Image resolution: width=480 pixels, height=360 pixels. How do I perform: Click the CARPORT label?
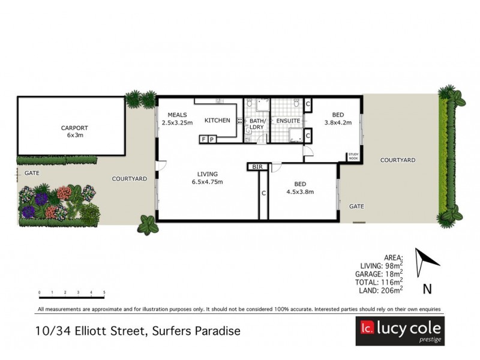click(x=74, y=127)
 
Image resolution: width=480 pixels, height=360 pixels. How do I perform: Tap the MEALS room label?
click(x=178, y=115)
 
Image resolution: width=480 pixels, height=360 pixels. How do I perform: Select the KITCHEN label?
click(x=217, y=121)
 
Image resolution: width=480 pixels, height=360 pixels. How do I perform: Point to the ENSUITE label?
click(x=288, y=121)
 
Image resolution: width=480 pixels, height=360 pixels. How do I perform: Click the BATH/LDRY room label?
click(x=257, y=124)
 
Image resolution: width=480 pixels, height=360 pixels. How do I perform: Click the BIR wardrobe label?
click(x=258, y=167)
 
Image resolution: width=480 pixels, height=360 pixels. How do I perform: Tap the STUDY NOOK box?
click(x=353, y=157)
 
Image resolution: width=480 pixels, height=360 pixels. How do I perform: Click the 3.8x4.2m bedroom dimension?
click(x=338, y=123)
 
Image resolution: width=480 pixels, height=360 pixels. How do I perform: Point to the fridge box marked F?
click(x=203, y=140)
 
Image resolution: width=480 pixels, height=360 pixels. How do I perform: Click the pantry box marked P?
click(x=211, y=140)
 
